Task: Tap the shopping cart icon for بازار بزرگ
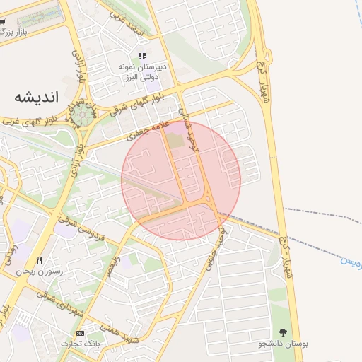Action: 4,23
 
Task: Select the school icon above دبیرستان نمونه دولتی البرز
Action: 142,56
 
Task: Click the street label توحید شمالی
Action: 185,122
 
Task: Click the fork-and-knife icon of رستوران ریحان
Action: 40,260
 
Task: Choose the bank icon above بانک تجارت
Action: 80,333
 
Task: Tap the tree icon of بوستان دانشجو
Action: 284,332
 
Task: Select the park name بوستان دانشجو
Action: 284,344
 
